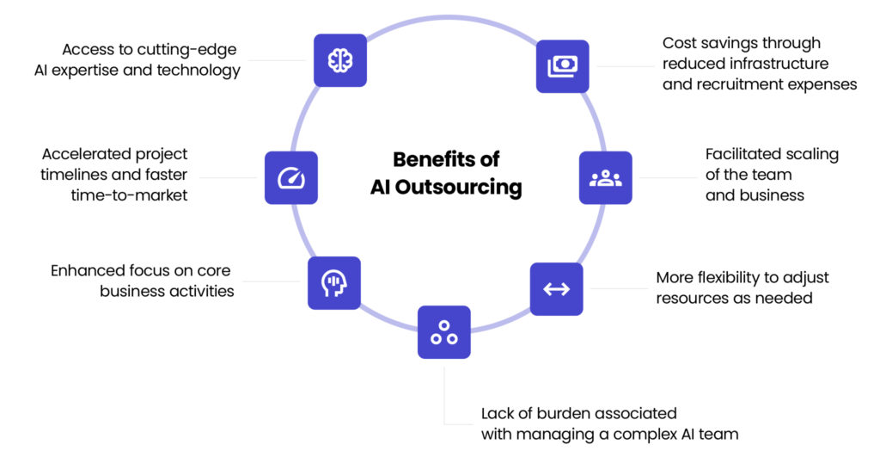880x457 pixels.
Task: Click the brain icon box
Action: pos(340,60)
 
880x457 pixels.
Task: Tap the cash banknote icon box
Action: pos(563,66)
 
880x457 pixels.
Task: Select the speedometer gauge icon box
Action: pos(291,178)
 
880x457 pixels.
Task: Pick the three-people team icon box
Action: pos(606,178)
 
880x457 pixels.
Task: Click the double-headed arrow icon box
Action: pos(556,288)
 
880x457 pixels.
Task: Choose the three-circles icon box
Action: pos(444,332)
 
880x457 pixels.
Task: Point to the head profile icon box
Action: pos(333,283)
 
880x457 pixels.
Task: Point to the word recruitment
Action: pos(736,84)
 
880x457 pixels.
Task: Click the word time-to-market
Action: pos(129,195)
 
